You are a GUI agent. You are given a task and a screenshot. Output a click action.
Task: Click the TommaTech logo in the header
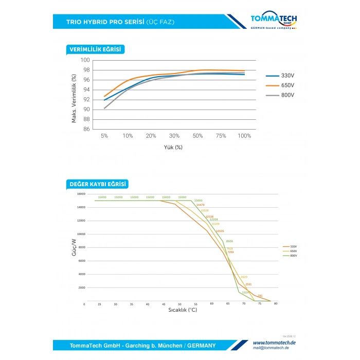point(273,21)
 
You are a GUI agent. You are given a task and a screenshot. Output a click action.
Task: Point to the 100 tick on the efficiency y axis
point(86,60)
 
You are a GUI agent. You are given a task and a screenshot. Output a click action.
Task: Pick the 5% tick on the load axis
point(104,136)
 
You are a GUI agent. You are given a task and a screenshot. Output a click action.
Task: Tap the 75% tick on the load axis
point(221,136)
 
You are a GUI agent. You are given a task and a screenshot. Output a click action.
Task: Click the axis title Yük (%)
point(173,147)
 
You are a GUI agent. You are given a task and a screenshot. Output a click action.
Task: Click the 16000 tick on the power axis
point(81,194)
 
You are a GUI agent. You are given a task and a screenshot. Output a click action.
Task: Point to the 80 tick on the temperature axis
point(276,304)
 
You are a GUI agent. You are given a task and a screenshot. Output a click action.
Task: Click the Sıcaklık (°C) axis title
point(183,310)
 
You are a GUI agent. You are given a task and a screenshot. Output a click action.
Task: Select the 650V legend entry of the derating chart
point(294,251)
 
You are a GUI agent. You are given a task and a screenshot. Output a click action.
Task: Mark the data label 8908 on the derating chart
point(229,241)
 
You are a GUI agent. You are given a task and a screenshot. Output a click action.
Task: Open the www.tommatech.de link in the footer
point(274,343)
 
